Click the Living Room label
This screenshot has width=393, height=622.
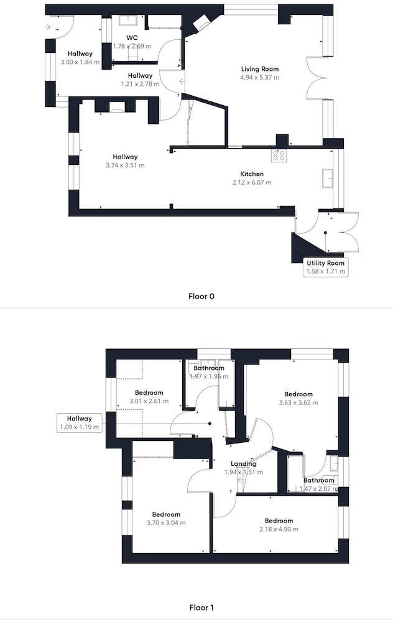point(260,69)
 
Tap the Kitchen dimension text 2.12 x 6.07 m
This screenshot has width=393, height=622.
point(252,182)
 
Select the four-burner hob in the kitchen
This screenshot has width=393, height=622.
point(279,155)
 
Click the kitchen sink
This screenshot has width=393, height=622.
point(328,177)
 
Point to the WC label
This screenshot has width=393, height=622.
point(132,38)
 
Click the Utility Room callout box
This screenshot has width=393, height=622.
point(325,267)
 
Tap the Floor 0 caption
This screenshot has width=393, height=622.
point(201,296)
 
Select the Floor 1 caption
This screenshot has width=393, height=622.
point(201,607)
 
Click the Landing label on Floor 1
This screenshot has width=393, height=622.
point(243,464)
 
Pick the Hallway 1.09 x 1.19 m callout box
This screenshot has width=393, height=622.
point(80,422)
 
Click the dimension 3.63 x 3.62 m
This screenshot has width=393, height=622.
point(298,402)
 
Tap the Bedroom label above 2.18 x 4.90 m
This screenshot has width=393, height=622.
point(279,521)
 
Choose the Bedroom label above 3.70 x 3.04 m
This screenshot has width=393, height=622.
point(166,514)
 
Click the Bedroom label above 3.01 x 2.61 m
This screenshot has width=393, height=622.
point(149,392)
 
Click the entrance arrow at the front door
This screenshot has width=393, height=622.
point(48,27)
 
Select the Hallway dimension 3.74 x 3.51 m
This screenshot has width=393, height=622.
point(125,165)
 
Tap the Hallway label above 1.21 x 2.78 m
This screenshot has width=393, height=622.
point(140,75)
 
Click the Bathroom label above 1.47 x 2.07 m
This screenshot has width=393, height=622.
point(318,480)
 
